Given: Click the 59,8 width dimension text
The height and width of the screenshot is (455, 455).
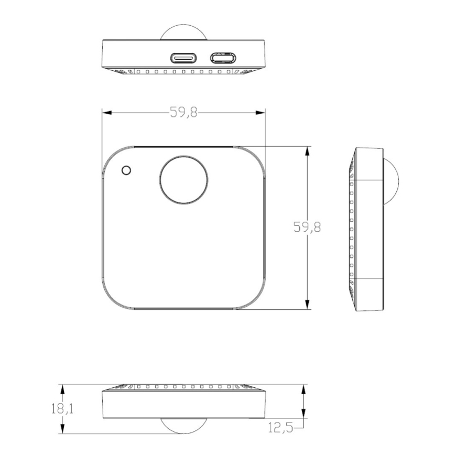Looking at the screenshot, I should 183,113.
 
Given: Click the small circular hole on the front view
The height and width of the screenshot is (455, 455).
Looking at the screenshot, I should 126,170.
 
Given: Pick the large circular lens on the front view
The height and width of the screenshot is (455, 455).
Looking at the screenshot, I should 183,180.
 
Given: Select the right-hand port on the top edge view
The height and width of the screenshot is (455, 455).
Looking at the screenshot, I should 223,58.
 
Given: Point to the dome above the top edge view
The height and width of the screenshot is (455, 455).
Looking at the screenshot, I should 183,31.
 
